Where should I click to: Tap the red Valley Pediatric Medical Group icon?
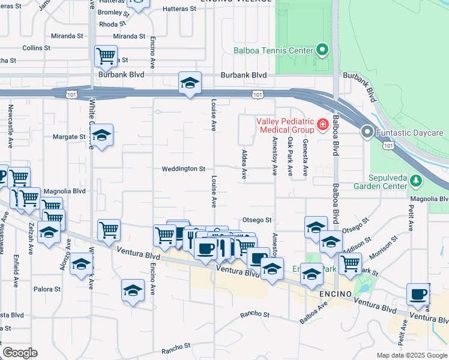(323, 125)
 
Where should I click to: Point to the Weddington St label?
(184, 169)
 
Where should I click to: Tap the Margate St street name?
(70, 137)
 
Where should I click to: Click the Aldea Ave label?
(244, 165)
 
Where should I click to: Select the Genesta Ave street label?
(306, 157)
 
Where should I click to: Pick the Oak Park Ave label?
(291, 157)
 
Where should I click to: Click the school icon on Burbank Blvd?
(190, 83)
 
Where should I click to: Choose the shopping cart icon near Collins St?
(106, 55)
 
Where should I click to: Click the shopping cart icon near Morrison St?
(350, 262)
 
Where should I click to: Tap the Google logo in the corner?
(20, 352)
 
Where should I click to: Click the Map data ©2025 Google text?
(411, 355)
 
